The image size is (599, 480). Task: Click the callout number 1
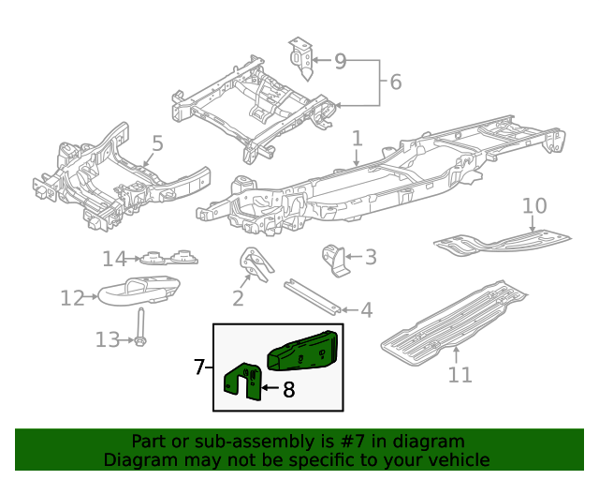357,139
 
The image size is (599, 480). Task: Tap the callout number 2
238,299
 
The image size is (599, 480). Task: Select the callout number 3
370,256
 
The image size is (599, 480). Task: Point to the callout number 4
366,309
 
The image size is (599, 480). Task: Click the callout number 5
157,143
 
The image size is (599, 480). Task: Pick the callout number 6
395,82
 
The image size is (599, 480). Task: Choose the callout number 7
198,367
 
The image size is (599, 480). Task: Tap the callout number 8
288,389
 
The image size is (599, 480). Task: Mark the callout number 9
340,61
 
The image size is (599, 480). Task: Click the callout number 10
533,205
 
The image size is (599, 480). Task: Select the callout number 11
460,375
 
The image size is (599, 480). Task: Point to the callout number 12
72,298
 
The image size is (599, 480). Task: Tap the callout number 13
108,339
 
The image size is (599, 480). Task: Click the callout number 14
114,258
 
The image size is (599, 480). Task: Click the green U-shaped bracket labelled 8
241,381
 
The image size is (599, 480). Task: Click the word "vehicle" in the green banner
452,459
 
